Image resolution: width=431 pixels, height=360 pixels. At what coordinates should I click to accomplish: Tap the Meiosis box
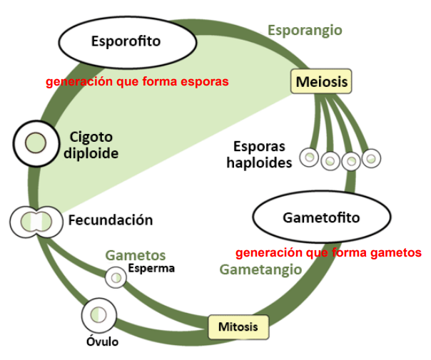tap(321, 82)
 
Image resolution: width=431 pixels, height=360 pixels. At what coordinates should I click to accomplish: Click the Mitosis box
tap(238, 328)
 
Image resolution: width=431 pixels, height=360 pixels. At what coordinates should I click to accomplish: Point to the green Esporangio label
tap(305, 30)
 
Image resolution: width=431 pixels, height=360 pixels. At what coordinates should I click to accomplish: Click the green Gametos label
tap(136, 255)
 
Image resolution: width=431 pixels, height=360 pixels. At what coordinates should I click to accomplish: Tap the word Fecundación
tap(111, 220)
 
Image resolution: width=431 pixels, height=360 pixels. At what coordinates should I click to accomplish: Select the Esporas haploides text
tap(259, 155)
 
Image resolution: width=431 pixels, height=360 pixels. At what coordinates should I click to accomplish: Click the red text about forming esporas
tap(137, 82)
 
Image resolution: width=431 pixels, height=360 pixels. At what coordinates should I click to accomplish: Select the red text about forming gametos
tap(328, 252)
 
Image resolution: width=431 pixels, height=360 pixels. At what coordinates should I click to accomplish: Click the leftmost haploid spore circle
tap(308, 158)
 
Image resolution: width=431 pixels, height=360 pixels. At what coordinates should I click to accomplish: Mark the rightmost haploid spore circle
tap(371, 158)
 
